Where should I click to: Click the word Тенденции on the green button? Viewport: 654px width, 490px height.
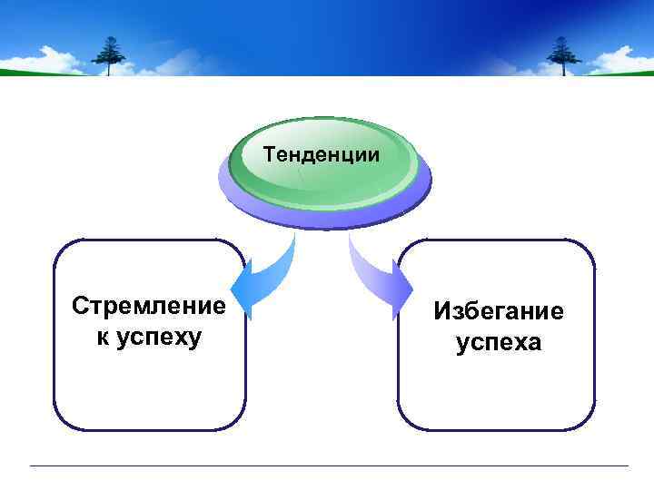[x=322, y=155]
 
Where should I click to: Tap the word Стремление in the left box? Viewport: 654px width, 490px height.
[x=149, y=306]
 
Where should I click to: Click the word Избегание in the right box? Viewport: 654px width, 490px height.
[x=498, y=311]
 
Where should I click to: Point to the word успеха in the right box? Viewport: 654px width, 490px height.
[x=498, y=343]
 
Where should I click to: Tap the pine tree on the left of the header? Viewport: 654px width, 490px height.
[x=111, y=55]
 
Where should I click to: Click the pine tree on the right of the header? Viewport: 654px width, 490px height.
[x=564, y=55]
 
